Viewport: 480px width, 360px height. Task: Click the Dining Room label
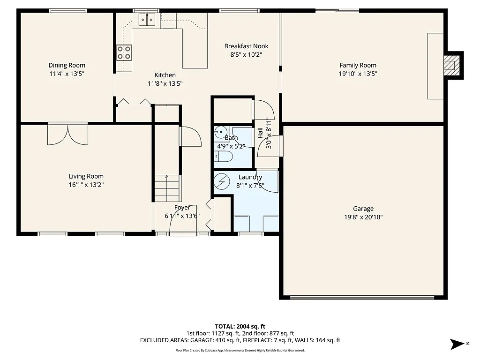(x=67, y=65)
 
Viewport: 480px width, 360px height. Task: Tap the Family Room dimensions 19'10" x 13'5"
(x=358, y=74)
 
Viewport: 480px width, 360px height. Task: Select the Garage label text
(x=363, y=209)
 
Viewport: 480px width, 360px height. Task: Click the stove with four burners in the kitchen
(x=124, y=52)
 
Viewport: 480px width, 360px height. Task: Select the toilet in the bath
(x=223, y=157)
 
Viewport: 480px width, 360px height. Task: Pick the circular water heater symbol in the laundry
(x=222, y=180)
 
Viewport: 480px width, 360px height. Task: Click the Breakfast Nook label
(x=246, y=46)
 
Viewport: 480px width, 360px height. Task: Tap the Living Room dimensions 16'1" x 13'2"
(x=86, y=185)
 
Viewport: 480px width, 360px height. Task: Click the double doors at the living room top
(x=67, y=135)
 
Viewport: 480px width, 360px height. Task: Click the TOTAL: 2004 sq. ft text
(x=240, y=326)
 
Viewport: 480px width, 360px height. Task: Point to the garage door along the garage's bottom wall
(x=362, y=297)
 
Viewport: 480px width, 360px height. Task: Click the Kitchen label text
(x=165, y=75)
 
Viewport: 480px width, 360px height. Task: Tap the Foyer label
(x=182, y=208)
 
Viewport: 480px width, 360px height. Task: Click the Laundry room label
(x=250, y=177)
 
